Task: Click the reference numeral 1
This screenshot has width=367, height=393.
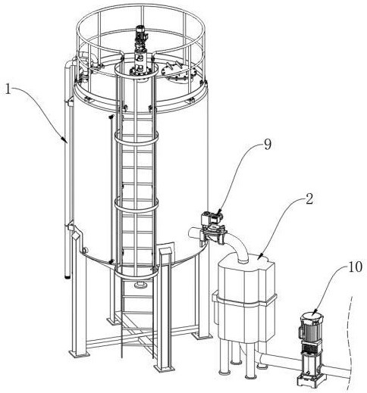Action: click(x=8, y=89)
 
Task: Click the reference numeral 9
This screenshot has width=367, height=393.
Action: click(x=268, y=145)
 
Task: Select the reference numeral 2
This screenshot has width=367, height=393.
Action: click(x=309, y=199)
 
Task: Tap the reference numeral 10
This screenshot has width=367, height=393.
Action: click(x=355, y=267)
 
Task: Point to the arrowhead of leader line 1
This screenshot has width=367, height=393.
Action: click(x=64, y=140)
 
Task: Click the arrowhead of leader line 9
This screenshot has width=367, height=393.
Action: click(x=219, y=212)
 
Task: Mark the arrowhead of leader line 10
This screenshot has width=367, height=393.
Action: click(x=315, y=313)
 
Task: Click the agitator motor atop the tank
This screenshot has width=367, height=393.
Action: click(x=139, y=35)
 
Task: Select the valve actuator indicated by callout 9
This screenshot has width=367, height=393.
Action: click(x=212, y=219)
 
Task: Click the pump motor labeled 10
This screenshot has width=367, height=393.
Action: click(x=310, y=326)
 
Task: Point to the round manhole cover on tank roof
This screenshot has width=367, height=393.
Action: click(x=178, y=71)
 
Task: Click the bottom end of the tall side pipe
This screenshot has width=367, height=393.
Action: click(x=67, y=276)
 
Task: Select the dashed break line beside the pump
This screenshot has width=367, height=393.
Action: click(x=350, y=343)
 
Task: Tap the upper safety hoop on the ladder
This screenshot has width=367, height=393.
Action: click(x=136, y=139)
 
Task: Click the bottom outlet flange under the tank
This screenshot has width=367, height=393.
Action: click(x=140, y=285)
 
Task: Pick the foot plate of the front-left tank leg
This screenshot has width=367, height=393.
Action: click(x=79, y=354)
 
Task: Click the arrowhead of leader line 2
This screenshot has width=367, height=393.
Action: click(x=259, y=257)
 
